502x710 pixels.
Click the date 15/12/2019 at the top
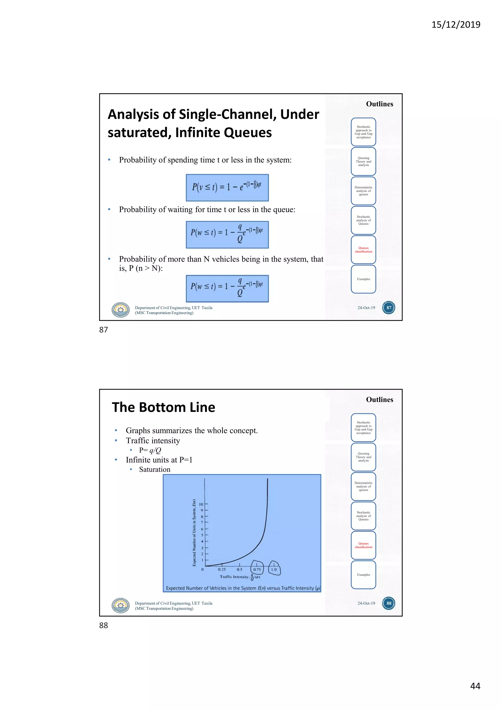coord(456,25)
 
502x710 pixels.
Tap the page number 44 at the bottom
coord(475,686)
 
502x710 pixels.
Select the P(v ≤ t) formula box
coord(227,187)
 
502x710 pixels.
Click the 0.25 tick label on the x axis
coord(222,569)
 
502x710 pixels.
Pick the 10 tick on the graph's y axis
coord(201,504)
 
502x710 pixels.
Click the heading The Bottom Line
coord(163,407)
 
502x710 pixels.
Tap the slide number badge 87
coord(389,308)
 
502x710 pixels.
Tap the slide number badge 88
coord(389,603)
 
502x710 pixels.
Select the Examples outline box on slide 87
coord(364,279)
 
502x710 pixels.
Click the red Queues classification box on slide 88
coord(364,545)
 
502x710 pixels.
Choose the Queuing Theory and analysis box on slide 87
coord(364,161)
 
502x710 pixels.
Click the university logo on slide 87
coord(121,310)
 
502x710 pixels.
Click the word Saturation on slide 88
coord(155,469)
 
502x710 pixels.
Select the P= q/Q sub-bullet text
coord(150,450)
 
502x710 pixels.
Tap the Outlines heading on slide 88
coord(380,400)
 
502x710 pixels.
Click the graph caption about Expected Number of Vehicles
coord(243,588)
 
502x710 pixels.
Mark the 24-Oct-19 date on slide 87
coord(366,308)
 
